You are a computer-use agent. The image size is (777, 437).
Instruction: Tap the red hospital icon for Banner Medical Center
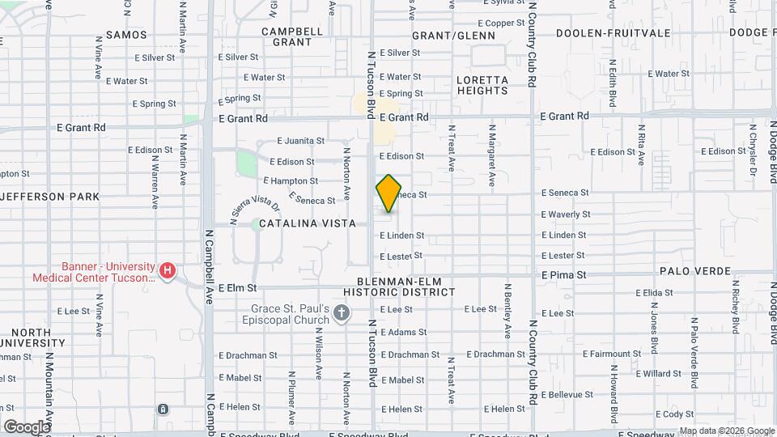click(168, 270)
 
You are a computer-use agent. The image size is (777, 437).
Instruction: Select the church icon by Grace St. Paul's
click(342, 313)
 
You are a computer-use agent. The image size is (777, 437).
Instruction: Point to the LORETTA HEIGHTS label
click(482, 86)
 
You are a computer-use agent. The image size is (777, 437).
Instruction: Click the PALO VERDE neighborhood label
click(695, 271)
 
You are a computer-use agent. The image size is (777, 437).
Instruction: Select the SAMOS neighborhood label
click(126, 35)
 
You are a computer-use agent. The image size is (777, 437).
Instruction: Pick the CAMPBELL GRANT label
click(292, 36)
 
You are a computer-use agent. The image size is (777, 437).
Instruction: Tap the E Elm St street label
click(237, 287)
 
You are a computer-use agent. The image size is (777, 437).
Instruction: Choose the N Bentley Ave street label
click(508, 310)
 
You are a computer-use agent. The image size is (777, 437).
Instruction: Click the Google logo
click(27, 426)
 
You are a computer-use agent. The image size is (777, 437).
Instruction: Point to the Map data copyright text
click(726, 431)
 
